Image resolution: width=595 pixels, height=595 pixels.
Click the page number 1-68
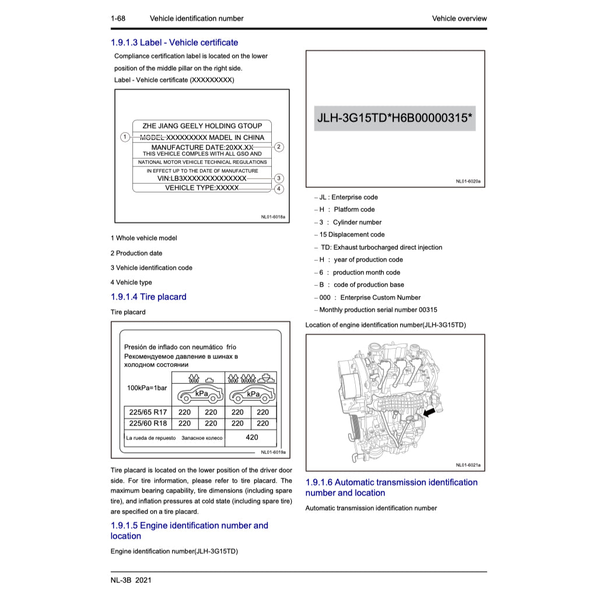coord(118,18)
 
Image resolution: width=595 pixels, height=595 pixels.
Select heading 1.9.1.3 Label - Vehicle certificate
coord(174,43)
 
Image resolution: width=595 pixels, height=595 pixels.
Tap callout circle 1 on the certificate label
coord(125,137)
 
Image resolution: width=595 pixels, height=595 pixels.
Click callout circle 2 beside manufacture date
coord(279,147)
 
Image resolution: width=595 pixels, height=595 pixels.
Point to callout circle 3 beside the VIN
coord(279,178)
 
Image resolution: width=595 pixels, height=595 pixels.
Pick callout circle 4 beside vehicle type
coord(279,188)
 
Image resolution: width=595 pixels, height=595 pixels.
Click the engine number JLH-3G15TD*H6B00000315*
coord(395,118)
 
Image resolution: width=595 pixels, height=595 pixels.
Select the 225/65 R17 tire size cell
coord(148,412)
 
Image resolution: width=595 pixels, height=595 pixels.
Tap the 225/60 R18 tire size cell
coord(148,423)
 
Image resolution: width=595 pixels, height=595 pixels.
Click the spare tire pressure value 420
coord(251,437)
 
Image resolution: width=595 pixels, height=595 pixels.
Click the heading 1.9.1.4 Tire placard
coord(148,297)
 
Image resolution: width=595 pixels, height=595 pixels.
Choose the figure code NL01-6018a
coord(273,217)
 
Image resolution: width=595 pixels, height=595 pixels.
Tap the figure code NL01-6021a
coord(468,465)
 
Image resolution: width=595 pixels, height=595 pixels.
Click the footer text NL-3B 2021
coord(131,580)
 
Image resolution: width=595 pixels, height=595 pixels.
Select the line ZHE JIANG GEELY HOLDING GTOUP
coord(202,126)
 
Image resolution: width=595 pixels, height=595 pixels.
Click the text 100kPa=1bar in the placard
coord(147,388)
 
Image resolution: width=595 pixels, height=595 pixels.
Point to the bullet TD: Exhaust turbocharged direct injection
coord(381,247)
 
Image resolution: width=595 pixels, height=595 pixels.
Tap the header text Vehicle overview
coord(459,18)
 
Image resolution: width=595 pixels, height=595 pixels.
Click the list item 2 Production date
coord(136,253)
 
